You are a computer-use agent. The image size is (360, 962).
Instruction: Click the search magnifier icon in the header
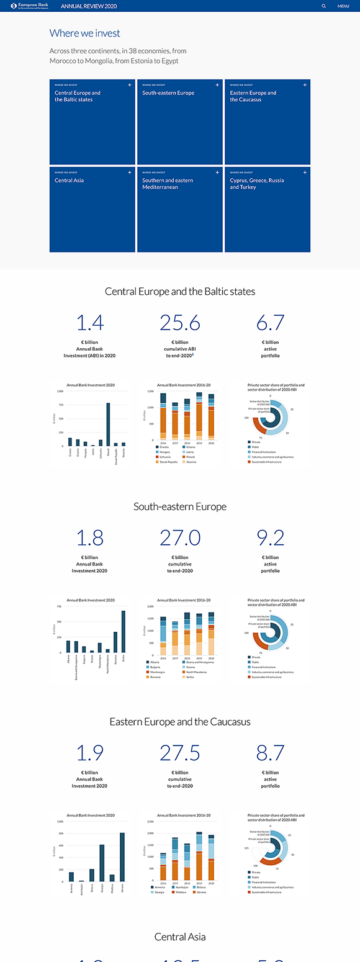coord(323,6)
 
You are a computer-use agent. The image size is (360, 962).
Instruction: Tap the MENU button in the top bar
coord(343,6)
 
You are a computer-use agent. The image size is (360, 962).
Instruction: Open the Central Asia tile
coord(92,209)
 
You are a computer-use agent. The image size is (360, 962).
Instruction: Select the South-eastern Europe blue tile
coord(179,122)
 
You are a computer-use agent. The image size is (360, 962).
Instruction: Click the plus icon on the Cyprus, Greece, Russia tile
coord(304,172)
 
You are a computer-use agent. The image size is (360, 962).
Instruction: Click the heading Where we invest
coord(85,34)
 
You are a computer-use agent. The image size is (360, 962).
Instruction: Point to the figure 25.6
coord(180,323)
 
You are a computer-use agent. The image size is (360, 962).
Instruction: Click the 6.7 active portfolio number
coord(270,323)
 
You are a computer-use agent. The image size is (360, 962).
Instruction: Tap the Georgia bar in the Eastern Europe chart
coord(102,863)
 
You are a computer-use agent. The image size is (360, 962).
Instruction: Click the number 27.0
coord(180,537)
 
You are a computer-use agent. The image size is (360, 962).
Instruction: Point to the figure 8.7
coord(270,753)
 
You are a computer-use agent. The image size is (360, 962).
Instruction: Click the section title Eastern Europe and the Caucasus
coord(180,722)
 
